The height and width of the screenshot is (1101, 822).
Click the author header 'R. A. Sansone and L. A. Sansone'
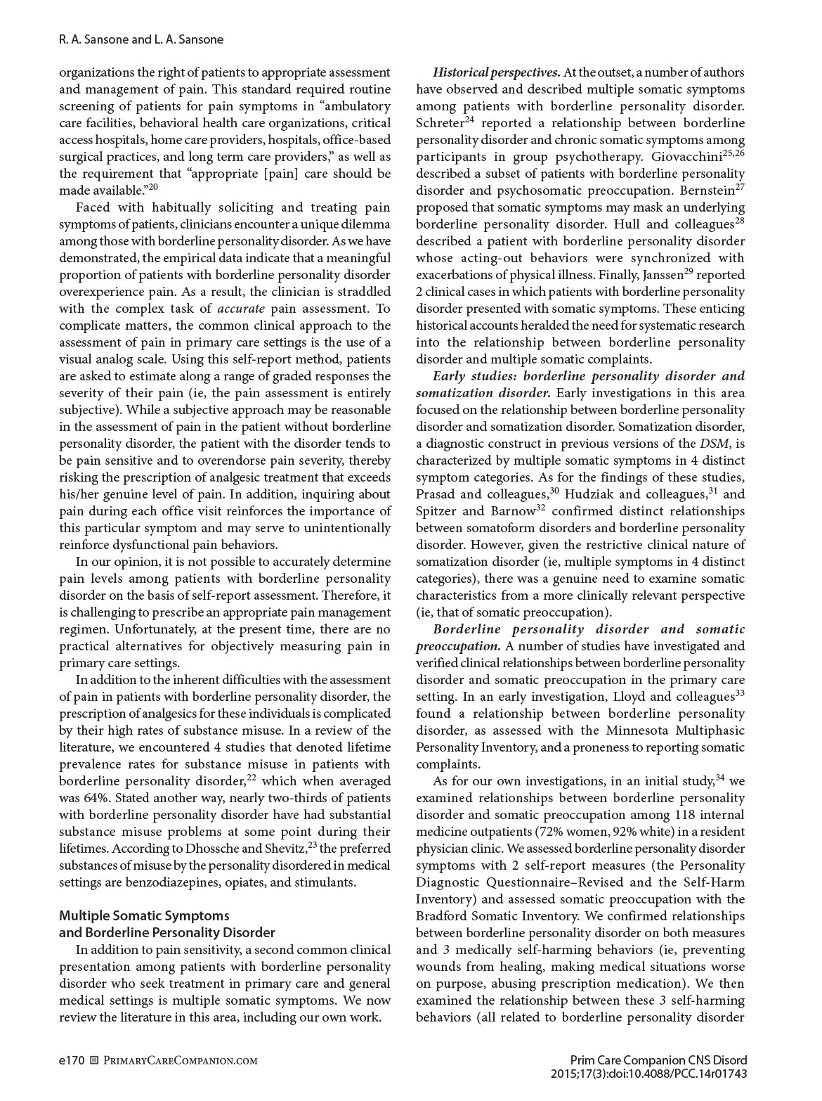tap(141, 39)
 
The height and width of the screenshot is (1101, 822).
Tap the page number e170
tap(72, 1060)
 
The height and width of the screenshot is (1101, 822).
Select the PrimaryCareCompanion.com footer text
tap(180, 1060)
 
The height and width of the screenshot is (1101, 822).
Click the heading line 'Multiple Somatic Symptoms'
tap(144, 915)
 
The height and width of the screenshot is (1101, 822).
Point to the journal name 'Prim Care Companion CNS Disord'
tap(658, 1060)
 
